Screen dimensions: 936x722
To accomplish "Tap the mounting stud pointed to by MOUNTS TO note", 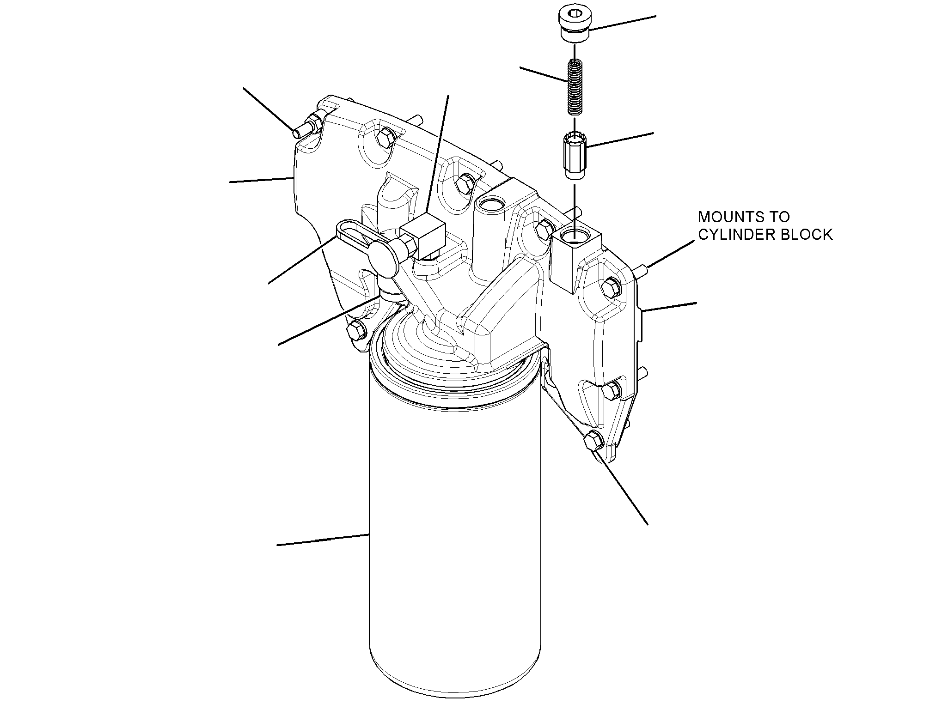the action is click(x=640, y=269).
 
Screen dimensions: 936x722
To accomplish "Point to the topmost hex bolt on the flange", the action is click(x=385, y=137).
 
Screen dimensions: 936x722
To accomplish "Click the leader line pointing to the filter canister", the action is click(x=323, y=540).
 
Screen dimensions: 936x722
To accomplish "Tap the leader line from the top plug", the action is click(x=623, y=23).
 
